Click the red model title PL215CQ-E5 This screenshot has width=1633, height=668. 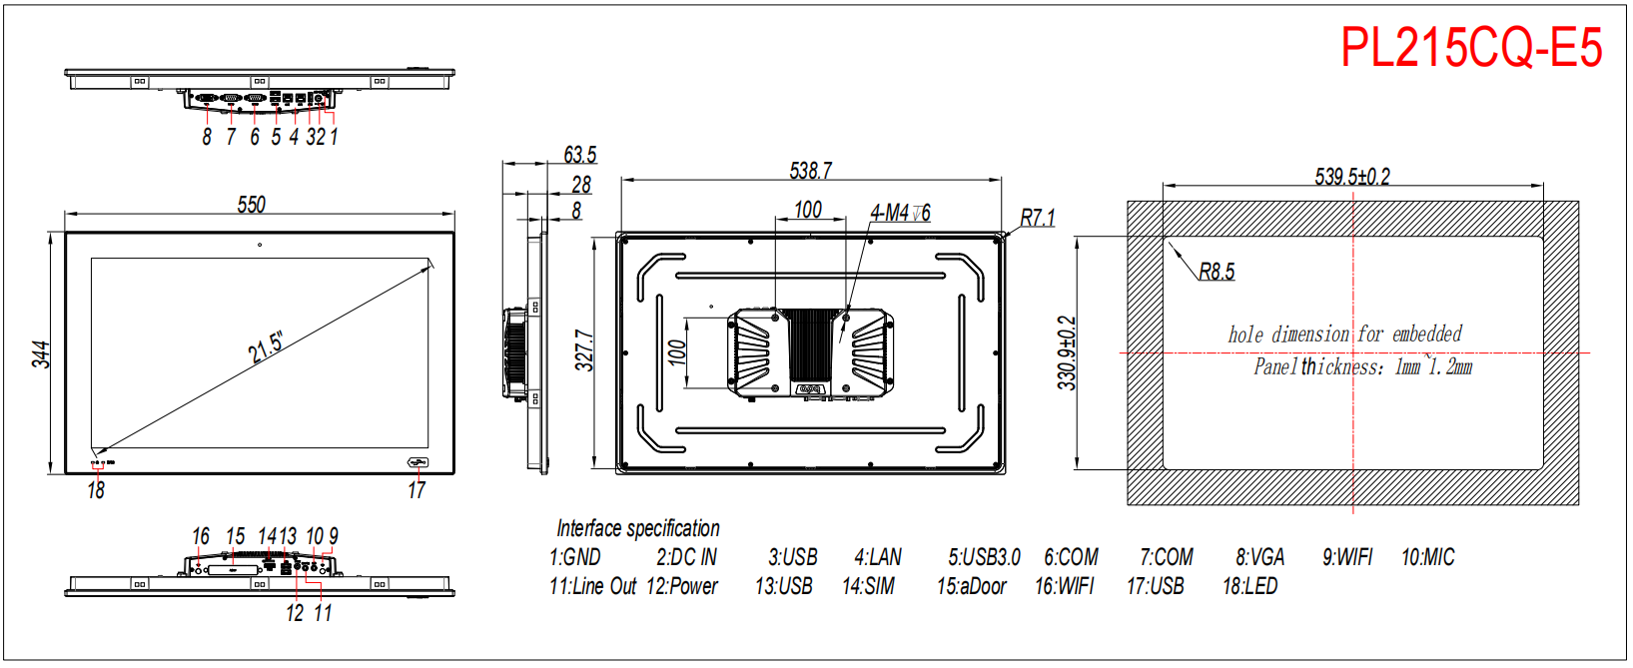[1470, 48]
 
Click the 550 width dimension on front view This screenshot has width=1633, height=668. [252, 205]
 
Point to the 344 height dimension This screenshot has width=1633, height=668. [41, 354]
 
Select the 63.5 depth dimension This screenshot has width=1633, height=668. [579, 155]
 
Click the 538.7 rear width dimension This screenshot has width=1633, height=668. [810, 171]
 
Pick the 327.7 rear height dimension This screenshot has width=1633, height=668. [584, 350]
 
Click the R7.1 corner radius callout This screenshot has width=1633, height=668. [1037, 218]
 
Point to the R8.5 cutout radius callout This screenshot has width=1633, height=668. [1217, 272]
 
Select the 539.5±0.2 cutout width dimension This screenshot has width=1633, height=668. [1352, 177]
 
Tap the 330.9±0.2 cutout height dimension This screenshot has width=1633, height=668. [1067, 352]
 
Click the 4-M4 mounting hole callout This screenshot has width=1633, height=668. [900, 213]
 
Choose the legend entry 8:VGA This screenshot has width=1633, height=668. [1259, 557]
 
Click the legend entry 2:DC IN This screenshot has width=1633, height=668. [686, 557]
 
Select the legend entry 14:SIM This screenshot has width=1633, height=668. [868, 586]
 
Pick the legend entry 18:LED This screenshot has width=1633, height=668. [1249, 586]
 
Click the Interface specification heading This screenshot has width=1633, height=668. [637, 528]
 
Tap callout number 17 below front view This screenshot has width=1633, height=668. [416, 490]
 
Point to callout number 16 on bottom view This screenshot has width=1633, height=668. [201, 537]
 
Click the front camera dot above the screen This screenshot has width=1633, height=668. [260, 245]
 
